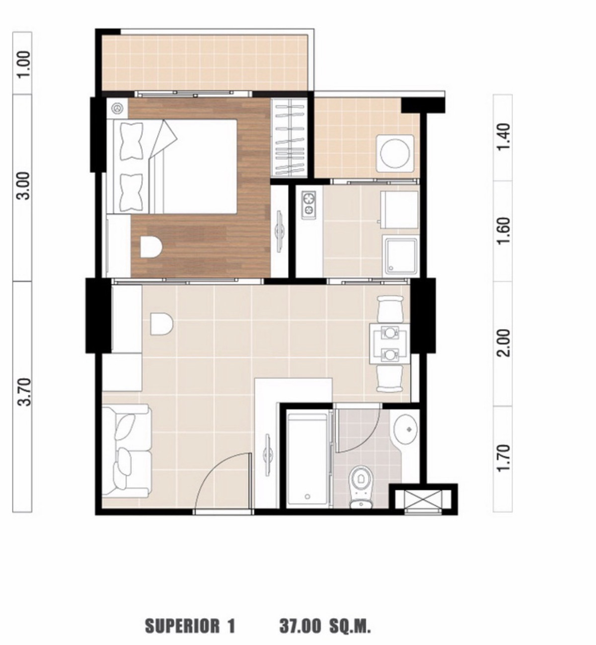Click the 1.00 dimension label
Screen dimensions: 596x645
[x=25, y=64]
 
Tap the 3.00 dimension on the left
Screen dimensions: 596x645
[x=25, y=186]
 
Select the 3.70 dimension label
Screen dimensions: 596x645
[x=25, y=392]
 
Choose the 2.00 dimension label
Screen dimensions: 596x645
[x=504, y=343]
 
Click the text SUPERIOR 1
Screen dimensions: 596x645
[x=190, y=626]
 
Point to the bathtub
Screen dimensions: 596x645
[x=307, y=457]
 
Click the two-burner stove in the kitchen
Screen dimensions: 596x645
[x=308, y=205]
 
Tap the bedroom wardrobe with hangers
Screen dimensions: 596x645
[x=289, y=138]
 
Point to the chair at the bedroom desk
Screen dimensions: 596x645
[x=151, y=247]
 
